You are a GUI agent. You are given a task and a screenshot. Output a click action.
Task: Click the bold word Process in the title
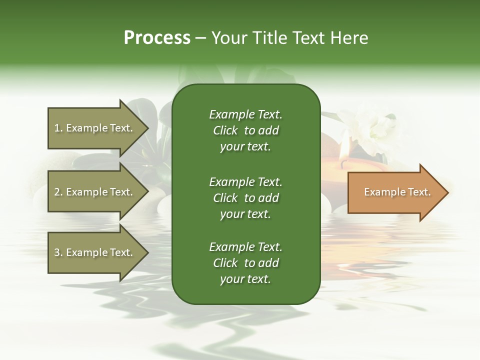point(157,38)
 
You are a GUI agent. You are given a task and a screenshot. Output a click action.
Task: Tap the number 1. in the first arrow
point(58,128)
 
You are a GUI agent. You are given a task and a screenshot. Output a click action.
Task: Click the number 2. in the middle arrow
point(58,192)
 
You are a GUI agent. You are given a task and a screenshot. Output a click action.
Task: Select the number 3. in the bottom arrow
point(58,253)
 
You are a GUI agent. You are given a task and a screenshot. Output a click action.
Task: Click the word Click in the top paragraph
point(225,131)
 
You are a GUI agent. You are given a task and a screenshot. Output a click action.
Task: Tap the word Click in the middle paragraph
point(225,198)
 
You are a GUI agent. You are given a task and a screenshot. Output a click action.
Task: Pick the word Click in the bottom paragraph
point(225,263)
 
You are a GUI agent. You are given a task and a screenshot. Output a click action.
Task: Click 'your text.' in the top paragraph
point(245,147)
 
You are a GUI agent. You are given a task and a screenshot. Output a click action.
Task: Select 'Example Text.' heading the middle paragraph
point(245,182)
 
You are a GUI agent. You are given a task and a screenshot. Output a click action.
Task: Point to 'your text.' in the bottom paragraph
point(245,279)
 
